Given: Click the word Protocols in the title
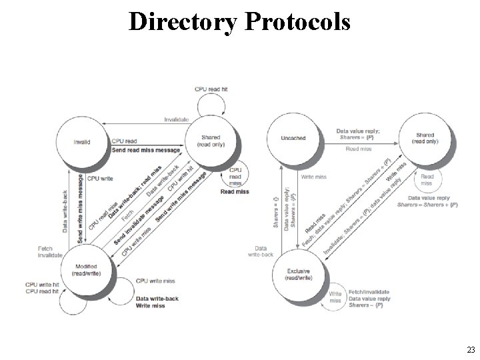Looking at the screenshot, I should coord(297,22).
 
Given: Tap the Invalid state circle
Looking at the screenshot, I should coord(82,141).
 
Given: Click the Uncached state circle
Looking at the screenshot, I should coord(293,138).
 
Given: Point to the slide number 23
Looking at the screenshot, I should coord(471,349).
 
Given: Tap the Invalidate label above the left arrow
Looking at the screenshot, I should coord(176,120).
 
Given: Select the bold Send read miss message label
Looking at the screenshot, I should coord(147,150).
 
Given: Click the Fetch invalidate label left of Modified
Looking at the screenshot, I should coord(50,252).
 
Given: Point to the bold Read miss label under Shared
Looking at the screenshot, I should coord(235,192).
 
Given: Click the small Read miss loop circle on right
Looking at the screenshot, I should coord(426,180).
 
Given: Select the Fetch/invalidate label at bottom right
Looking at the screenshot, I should coord(369,292).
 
